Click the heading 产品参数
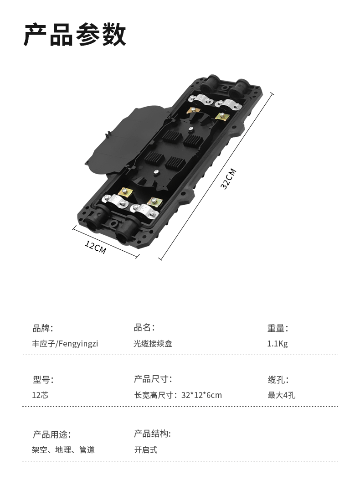click(x=75, y=35)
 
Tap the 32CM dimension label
click(x=229, y=179)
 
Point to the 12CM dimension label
click(x=95, y=247)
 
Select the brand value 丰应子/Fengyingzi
click(x=65, y=343)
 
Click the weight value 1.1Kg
click(x=277, y=343)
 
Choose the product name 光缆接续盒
click(x=153, y=343)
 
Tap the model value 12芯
click(x=40, y=395)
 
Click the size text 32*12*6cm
click(x=201, y=395)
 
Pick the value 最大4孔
click(x=281, y=395)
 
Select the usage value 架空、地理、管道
click(x=63, y=450)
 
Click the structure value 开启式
click(x=146, y=450)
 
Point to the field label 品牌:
click(x=43, y=328)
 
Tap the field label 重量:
click(x=278, y=328)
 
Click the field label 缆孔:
click(x=278, y=380)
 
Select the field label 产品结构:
click(x=152, y=434)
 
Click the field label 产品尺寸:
click(x=153, y=379)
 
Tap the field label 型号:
click(x=43, y=380)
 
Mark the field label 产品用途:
click(x=52, y=434)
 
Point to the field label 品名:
click(x=144, y=327)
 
